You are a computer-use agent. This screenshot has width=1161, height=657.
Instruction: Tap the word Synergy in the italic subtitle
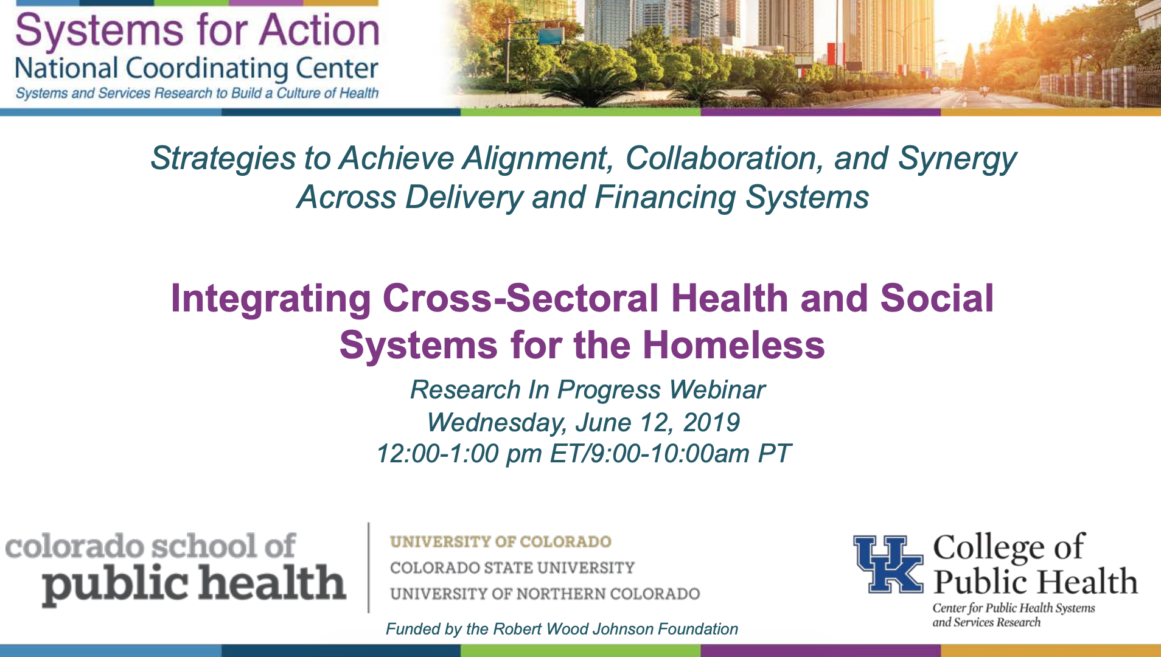[957, 159]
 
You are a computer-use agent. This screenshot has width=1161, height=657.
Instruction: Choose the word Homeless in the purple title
[733, 345]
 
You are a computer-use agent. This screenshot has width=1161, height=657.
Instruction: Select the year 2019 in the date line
[711, 422]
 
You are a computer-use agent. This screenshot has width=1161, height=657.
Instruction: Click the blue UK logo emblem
[888, 564]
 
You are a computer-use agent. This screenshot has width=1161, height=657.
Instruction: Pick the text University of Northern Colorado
[545, 594]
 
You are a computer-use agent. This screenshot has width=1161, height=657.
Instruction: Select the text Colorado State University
[512, 568]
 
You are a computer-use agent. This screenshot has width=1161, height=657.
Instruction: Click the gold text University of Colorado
[501, 541]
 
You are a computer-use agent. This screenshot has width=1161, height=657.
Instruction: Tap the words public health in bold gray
[194, 584]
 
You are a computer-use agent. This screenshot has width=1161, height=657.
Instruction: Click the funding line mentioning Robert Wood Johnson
[562, 629]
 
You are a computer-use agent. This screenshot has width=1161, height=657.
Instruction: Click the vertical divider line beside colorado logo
[369, 567]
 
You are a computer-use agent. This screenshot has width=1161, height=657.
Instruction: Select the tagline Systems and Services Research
[197, 93]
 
